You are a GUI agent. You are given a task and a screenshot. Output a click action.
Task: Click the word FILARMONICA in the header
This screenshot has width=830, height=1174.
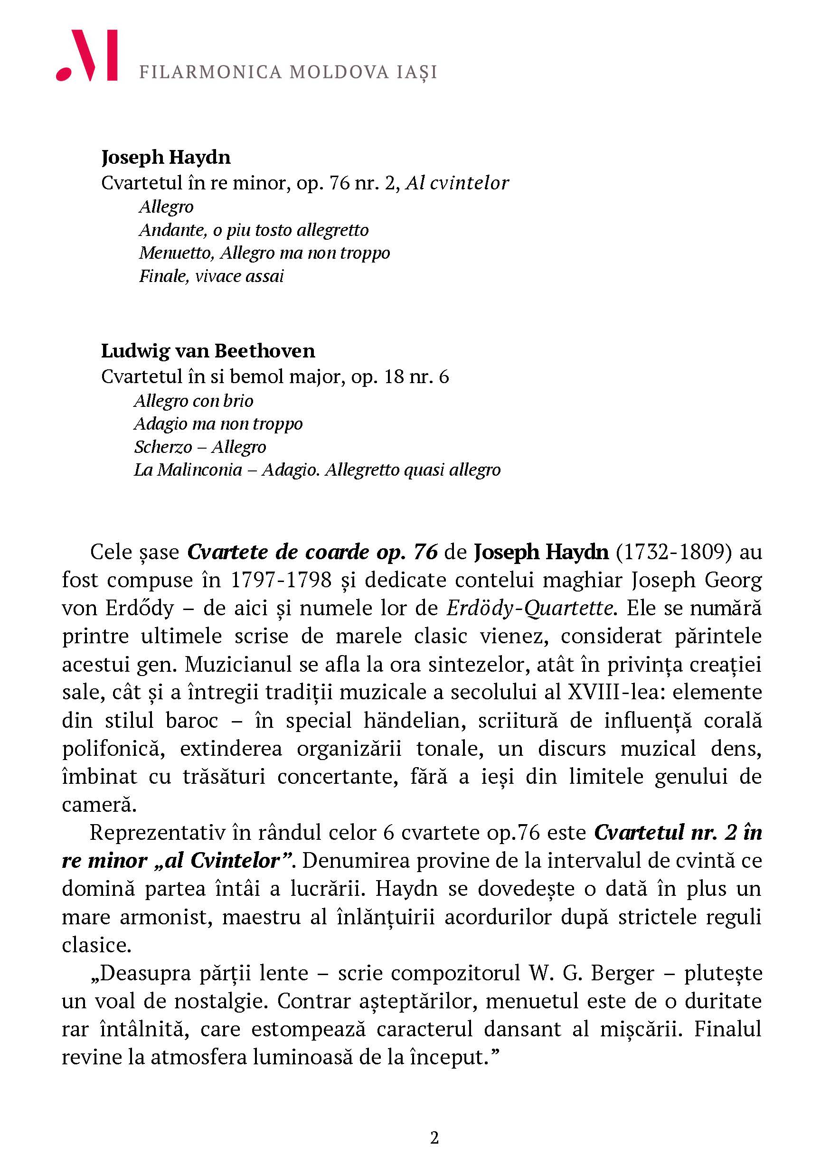(x=210, y=73)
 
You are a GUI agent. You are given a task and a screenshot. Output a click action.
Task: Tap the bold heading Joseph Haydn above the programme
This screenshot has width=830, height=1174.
(x=166, y=158)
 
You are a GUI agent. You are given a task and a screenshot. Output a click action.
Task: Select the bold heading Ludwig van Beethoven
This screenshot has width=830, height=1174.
(x=208, y=351)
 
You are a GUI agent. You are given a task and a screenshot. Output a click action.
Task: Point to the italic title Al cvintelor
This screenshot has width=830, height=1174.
(x=457, y=183)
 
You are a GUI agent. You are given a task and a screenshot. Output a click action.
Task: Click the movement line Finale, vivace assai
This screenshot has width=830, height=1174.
(x=211, y=276)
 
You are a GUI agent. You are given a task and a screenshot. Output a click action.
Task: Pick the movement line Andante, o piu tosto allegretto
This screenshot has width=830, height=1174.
(x=254, y=230)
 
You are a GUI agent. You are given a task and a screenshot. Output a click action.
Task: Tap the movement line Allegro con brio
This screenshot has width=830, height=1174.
(x=194, y=401)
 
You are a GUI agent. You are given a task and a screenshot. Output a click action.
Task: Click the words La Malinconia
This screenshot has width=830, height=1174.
(x=188, y=470)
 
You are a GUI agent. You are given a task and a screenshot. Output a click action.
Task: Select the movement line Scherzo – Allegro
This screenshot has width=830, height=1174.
(x=200, y=447)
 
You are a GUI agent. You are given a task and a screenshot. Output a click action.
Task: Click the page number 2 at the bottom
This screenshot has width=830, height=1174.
(x=434, y=1138)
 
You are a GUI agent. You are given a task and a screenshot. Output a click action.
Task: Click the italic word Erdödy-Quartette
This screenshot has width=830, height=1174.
(x=530, y=609)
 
